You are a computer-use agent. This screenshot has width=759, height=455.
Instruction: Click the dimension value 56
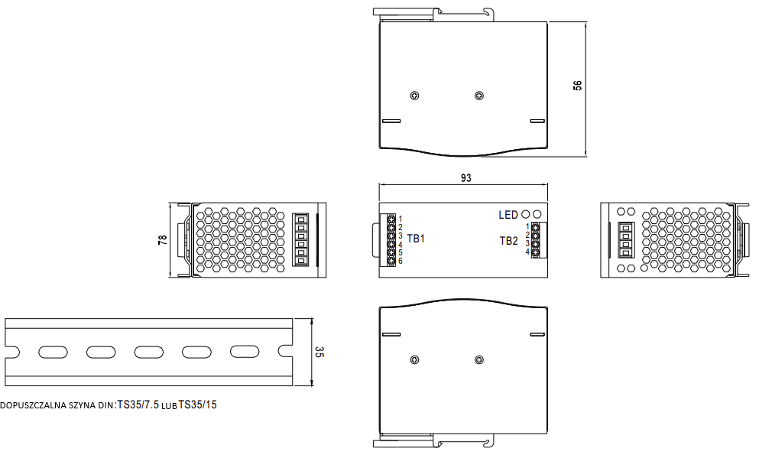coord(578,86)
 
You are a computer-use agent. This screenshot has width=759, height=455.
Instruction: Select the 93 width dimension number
coord(465,177)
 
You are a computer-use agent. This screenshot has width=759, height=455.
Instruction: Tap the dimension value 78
coord(162,240)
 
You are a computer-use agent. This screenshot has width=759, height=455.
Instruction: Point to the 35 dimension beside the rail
coord(319,353)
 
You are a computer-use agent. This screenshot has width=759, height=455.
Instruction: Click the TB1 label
coord(416,239)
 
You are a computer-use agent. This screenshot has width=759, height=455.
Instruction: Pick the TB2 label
coord(508,240)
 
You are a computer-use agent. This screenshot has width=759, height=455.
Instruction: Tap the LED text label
coord(508,215)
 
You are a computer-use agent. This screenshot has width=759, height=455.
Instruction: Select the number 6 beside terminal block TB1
coord(400,262)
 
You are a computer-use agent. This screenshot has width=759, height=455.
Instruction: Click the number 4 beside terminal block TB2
coord(527,252)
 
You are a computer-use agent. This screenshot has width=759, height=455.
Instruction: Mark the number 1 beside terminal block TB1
coord(400,219)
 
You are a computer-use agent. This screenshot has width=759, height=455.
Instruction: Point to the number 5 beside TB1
coord(400,252)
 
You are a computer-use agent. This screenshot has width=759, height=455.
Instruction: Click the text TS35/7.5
coord(138,405)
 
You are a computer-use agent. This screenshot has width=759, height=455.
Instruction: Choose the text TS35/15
coord(198,405)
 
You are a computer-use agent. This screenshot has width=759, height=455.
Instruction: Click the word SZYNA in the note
coord(81,405)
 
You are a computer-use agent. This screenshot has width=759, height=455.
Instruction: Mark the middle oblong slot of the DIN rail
coord(148,352)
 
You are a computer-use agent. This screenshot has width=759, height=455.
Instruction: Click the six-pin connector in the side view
coord(301,240)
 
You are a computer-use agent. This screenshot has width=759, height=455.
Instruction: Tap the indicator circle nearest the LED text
coord(526,215)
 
